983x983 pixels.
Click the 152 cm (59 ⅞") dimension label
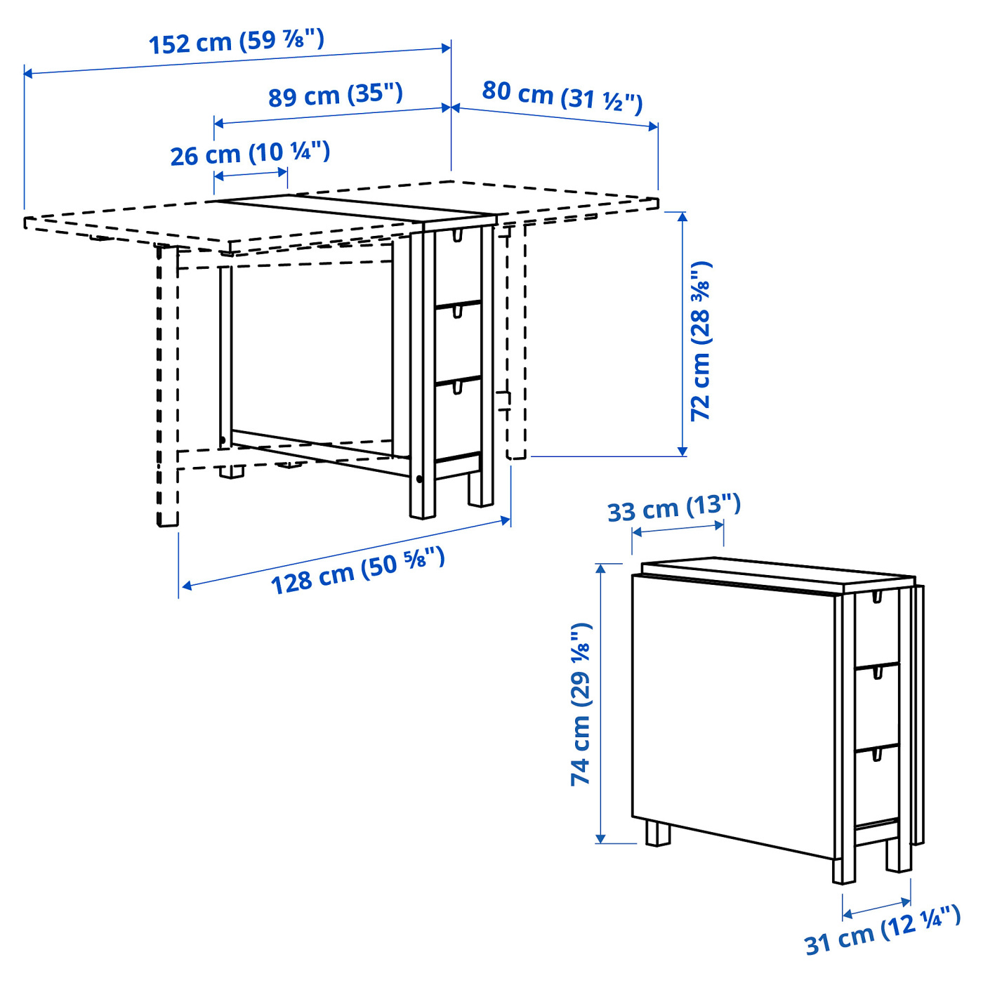(x=236, y=41)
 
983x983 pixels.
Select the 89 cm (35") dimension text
(x=336, y=95)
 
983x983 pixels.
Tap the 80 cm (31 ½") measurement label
(x=562, y=96)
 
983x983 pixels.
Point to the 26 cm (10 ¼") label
(x=250, y=153)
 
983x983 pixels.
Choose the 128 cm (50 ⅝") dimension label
(x=357, y=571)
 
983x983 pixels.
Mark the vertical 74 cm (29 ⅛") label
(x=581, y=704)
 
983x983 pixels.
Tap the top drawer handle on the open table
(x=458, y=235)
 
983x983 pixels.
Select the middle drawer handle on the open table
(x=458, y=311)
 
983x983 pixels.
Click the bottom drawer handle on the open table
(x=458, y=387)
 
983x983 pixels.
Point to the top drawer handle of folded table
(x=876, y=597)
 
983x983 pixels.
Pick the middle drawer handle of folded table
(x=876, y=673)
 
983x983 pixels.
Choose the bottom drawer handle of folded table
(x=876, y=754)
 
